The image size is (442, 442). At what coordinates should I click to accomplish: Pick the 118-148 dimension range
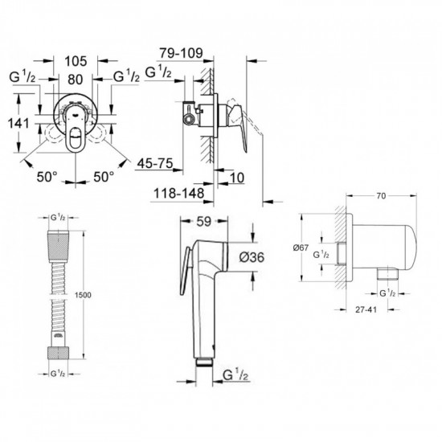point(175,194)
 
